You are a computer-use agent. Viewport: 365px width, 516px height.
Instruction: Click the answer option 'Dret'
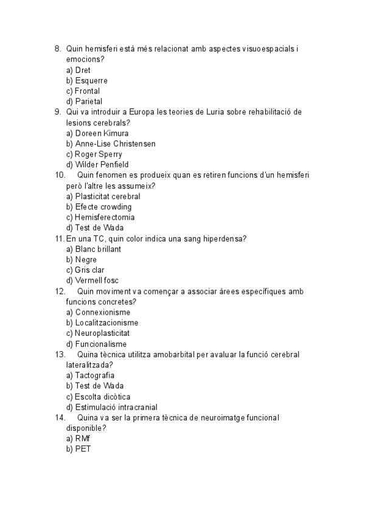83,70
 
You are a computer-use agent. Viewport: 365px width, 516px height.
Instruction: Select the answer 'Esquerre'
91,80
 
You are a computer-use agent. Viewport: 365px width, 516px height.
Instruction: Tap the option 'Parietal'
88,102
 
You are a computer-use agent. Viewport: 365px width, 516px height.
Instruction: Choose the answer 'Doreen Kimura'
102,133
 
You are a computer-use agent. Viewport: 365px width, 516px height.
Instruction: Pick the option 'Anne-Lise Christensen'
115,144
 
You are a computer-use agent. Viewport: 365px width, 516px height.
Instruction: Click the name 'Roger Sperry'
98,154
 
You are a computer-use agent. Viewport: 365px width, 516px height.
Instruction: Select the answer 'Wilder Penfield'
102,165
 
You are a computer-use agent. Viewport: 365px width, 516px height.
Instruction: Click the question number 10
60,175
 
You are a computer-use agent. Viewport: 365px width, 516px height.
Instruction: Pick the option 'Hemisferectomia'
105,217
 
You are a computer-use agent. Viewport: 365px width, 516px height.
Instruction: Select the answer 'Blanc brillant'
98,249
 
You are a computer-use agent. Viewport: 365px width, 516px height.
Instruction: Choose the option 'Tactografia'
94,375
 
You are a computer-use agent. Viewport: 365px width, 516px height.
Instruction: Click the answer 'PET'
84,449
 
